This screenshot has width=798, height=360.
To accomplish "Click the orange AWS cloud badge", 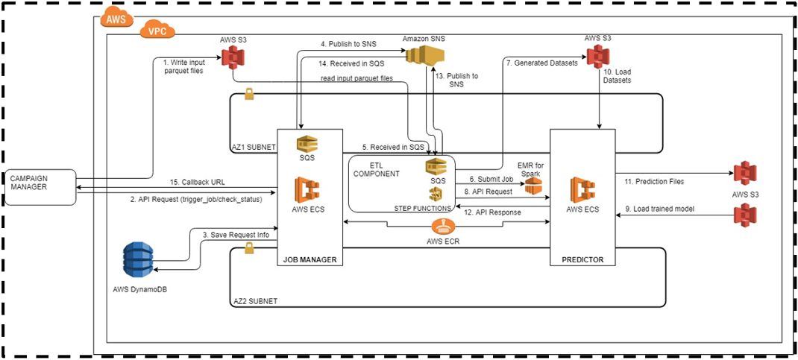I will [x=116, y=17].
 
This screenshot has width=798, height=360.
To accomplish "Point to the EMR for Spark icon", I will [x=531, y=186].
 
